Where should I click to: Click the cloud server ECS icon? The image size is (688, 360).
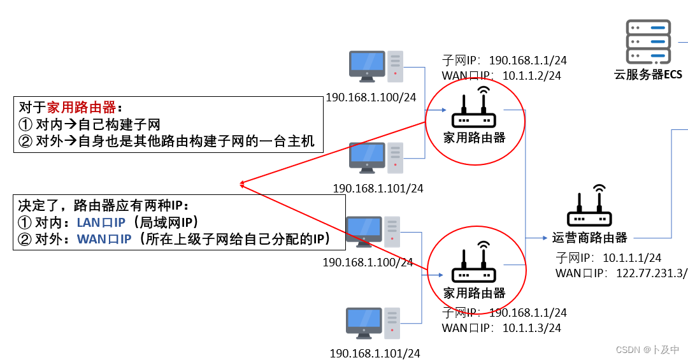pos(649,41)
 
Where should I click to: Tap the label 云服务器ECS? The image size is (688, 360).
pos(647,75)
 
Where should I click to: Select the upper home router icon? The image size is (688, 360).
pos(474,111)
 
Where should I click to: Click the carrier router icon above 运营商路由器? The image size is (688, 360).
pos(589,208)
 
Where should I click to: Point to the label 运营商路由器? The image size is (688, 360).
pos(589,238)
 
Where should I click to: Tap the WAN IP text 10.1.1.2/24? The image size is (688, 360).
pos(532,76)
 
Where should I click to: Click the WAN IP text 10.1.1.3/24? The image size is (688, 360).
pos(532,328)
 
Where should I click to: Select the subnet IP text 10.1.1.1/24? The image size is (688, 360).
pos(632,257)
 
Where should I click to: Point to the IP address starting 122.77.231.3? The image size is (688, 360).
pos(651,273)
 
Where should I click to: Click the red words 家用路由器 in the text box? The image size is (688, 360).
pos(81,107)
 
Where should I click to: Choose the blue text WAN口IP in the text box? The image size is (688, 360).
pos(104,240)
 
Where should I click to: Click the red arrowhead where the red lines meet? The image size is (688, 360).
pos(242,185)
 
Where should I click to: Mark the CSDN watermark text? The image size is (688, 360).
pos(647,350)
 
